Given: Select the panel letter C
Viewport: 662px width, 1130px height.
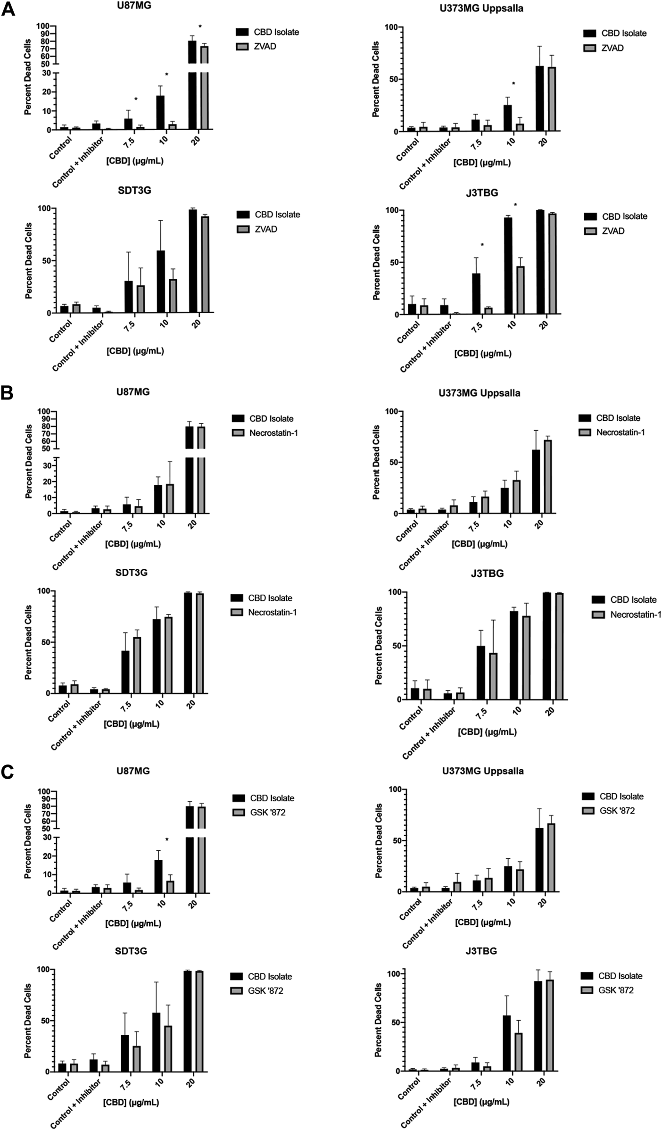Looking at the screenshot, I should coord(8,772).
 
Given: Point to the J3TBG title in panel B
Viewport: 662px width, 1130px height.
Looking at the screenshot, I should coord(487,574).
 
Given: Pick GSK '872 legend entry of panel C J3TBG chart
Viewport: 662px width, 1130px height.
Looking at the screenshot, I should coord(616,990).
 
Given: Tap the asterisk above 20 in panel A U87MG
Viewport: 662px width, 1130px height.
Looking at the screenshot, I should coord(200,27).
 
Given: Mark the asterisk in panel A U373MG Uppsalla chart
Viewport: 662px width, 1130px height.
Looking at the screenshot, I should coord(513,84).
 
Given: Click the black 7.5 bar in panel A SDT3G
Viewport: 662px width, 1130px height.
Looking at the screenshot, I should coord(129,296).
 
